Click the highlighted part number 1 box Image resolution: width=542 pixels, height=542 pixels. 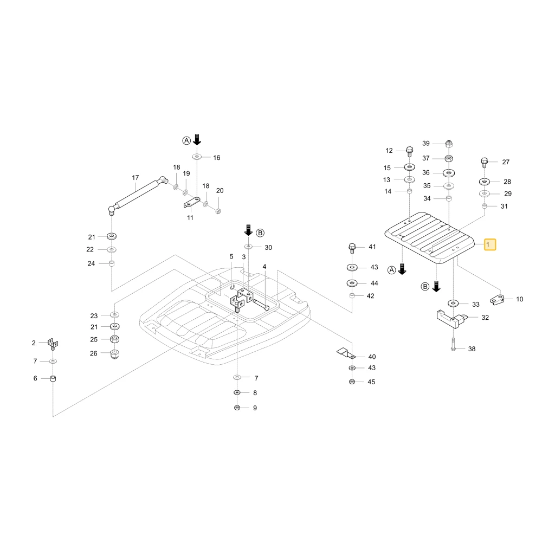point(490,244)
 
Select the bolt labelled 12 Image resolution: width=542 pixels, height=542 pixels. point(410,152)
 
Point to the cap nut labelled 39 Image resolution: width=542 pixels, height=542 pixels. point(448,144)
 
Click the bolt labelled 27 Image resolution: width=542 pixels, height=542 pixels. point(484,163)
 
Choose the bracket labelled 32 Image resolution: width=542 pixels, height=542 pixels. point(451,319)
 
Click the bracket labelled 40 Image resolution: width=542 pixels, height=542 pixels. point(346,353)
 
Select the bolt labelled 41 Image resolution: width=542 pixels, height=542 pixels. point(352,249)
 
